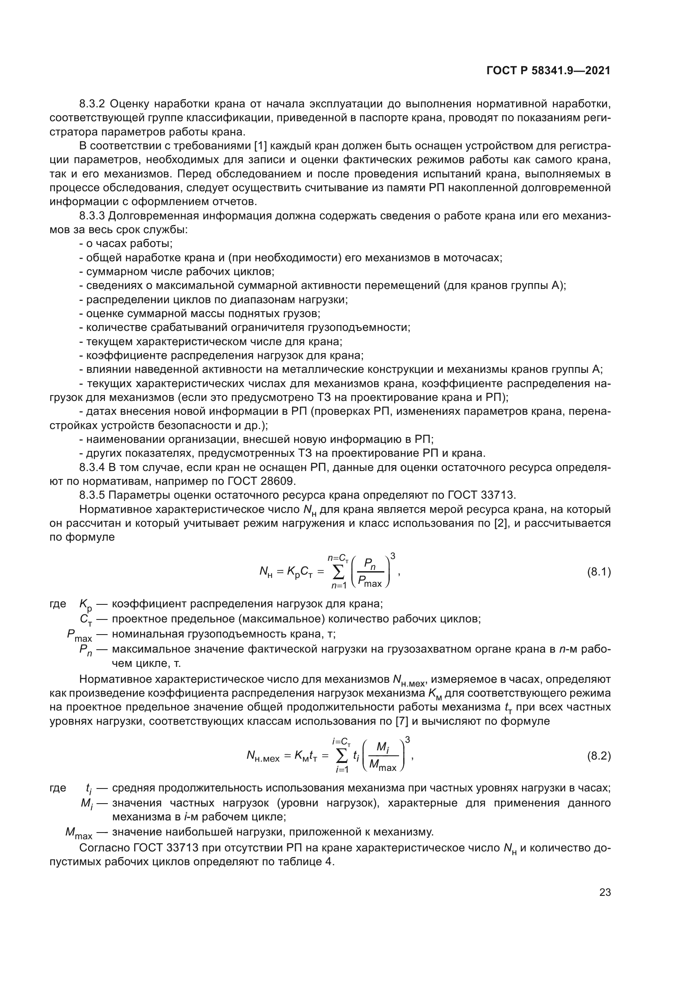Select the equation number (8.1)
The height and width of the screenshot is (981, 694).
(599, 572)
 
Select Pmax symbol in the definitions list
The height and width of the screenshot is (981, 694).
(79, 636)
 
